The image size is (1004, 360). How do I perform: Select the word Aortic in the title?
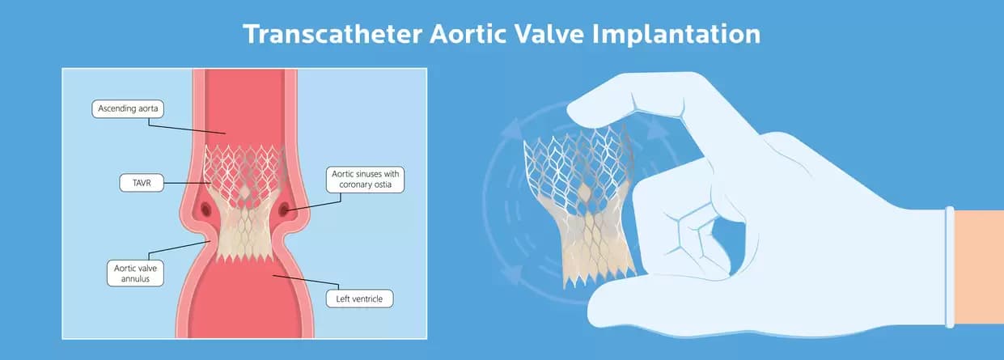[x=480, y=35]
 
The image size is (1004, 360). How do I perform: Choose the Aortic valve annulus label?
[x=135, y=272]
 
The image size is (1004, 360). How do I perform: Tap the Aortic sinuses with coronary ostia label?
[x=366, y=179]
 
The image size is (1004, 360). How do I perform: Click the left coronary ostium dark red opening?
[x=206, y=213]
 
